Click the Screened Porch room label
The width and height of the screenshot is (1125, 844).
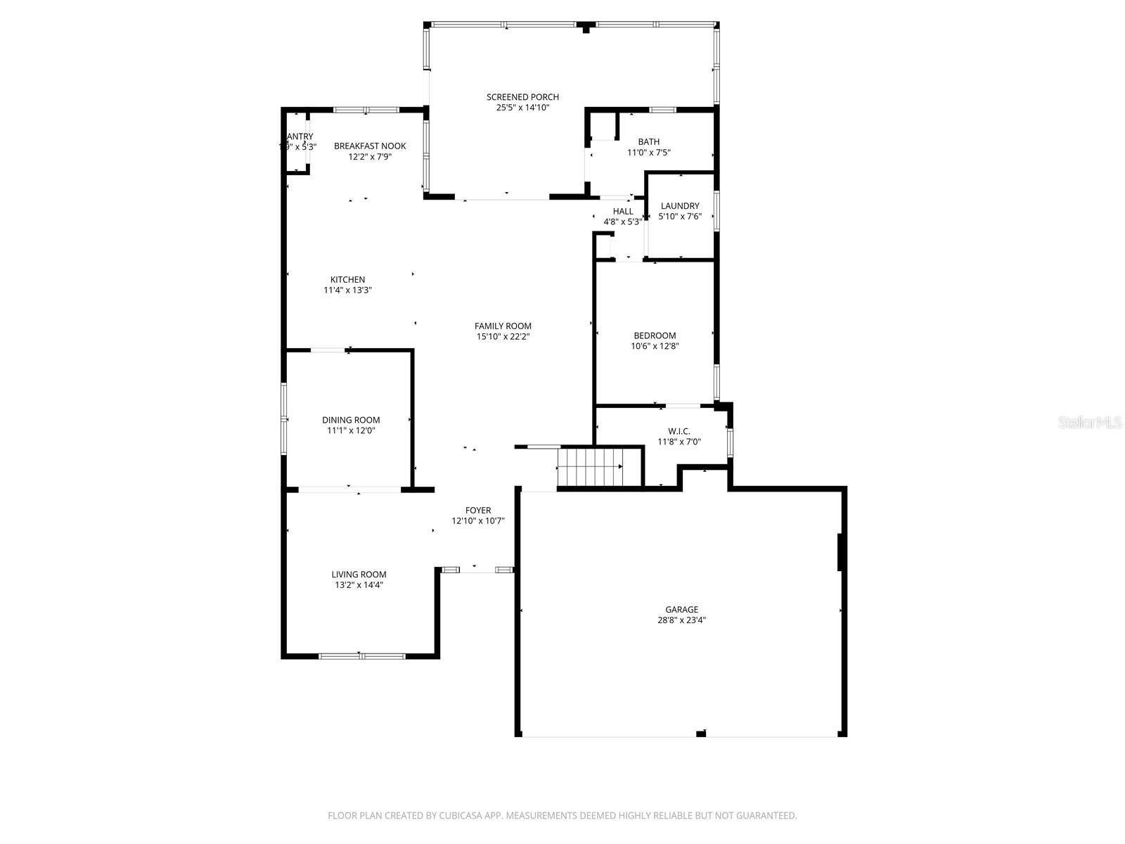pyautogui.click(x=522, y=97)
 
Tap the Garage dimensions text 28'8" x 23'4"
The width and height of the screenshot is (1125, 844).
pyautogui.click(x=681, y=620)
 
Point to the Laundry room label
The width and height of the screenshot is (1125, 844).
pyautogui.click(x=680, y=206)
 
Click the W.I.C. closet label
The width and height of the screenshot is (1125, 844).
pyautogui.click(x=679, y=431)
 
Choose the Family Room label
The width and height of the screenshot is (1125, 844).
pyautogui.click(x=503, y=326)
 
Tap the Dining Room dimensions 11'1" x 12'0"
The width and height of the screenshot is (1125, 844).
pyautogui.click(x=351, y=430)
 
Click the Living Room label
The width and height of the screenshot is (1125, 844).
pyautogui.click(x=359, y=574)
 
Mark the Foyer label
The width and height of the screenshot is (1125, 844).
pyautogui.click(x=477, y=511)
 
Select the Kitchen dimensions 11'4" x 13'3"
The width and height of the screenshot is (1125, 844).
pyautogui.click(x=347, y=290)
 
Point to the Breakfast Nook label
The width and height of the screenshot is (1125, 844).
pyautogui.click(x=370, y=146)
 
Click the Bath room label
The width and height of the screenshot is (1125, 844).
pyautogui.click(x=648, y=142)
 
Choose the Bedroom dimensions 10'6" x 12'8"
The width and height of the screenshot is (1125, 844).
pyautogui.click(x=655, y=346)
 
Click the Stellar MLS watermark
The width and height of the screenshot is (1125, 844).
pyautogui.click(x=1089, y=423)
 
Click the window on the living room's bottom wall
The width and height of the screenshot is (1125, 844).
pyautogui.click(x=361, y=656)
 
